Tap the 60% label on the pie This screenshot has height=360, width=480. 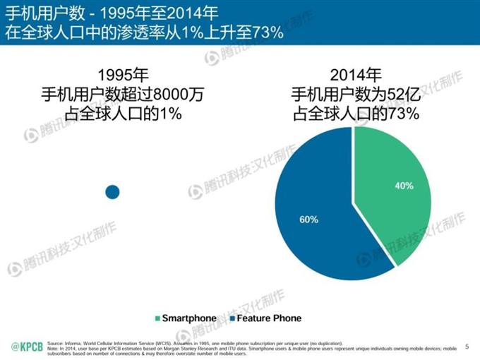(x=308, y=220)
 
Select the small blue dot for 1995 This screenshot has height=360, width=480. (x=112, y=191)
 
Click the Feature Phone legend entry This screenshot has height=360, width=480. (x=265, y=318)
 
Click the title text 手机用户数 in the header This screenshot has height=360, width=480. (x=36, y=13)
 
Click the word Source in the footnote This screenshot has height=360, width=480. (x=55, y=342)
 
